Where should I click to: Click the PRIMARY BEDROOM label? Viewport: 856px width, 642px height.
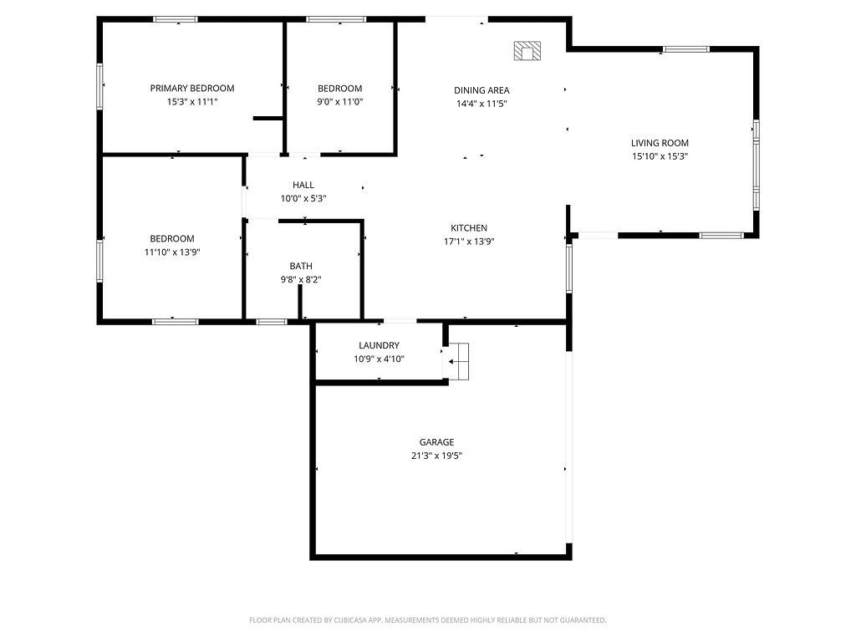192,88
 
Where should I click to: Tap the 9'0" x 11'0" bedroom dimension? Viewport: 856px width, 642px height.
340,102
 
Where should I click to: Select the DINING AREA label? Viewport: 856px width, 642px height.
481,90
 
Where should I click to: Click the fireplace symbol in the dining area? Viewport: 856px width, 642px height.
527,51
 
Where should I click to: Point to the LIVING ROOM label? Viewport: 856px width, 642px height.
660,143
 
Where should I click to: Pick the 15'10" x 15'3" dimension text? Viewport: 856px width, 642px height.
660,156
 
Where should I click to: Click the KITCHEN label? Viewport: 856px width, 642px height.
469,228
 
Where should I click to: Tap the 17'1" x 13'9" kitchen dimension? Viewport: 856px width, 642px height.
469,242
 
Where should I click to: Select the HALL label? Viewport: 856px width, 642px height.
303,185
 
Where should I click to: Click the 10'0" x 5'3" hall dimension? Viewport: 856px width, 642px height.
303,199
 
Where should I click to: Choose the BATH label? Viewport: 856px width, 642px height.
301,266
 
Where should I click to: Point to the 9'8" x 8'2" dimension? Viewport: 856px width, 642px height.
301,280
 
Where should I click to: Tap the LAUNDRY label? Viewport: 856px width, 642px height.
379,345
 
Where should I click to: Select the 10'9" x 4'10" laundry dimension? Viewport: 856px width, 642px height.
379,359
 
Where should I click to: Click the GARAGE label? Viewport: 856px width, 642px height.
436,442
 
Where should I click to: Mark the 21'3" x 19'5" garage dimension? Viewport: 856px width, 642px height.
436,456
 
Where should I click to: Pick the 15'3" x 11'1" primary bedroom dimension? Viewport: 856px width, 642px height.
192,102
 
